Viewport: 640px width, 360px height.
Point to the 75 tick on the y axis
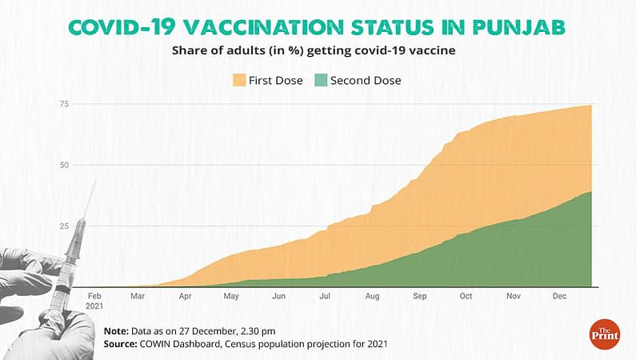63,105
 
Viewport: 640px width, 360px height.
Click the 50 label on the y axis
63,166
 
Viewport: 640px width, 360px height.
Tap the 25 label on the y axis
63,226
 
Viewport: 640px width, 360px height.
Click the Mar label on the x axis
138,296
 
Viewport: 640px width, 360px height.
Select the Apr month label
185,296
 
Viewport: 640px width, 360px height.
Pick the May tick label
231,296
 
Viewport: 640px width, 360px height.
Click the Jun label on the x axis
279,296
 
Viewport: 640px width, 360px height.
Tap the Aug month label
372,296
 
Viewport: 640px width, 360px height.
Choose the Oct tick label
466,296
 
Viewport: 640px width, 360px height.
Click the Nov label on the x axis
514,296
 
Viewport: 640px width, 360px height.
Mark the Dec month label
560,296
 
